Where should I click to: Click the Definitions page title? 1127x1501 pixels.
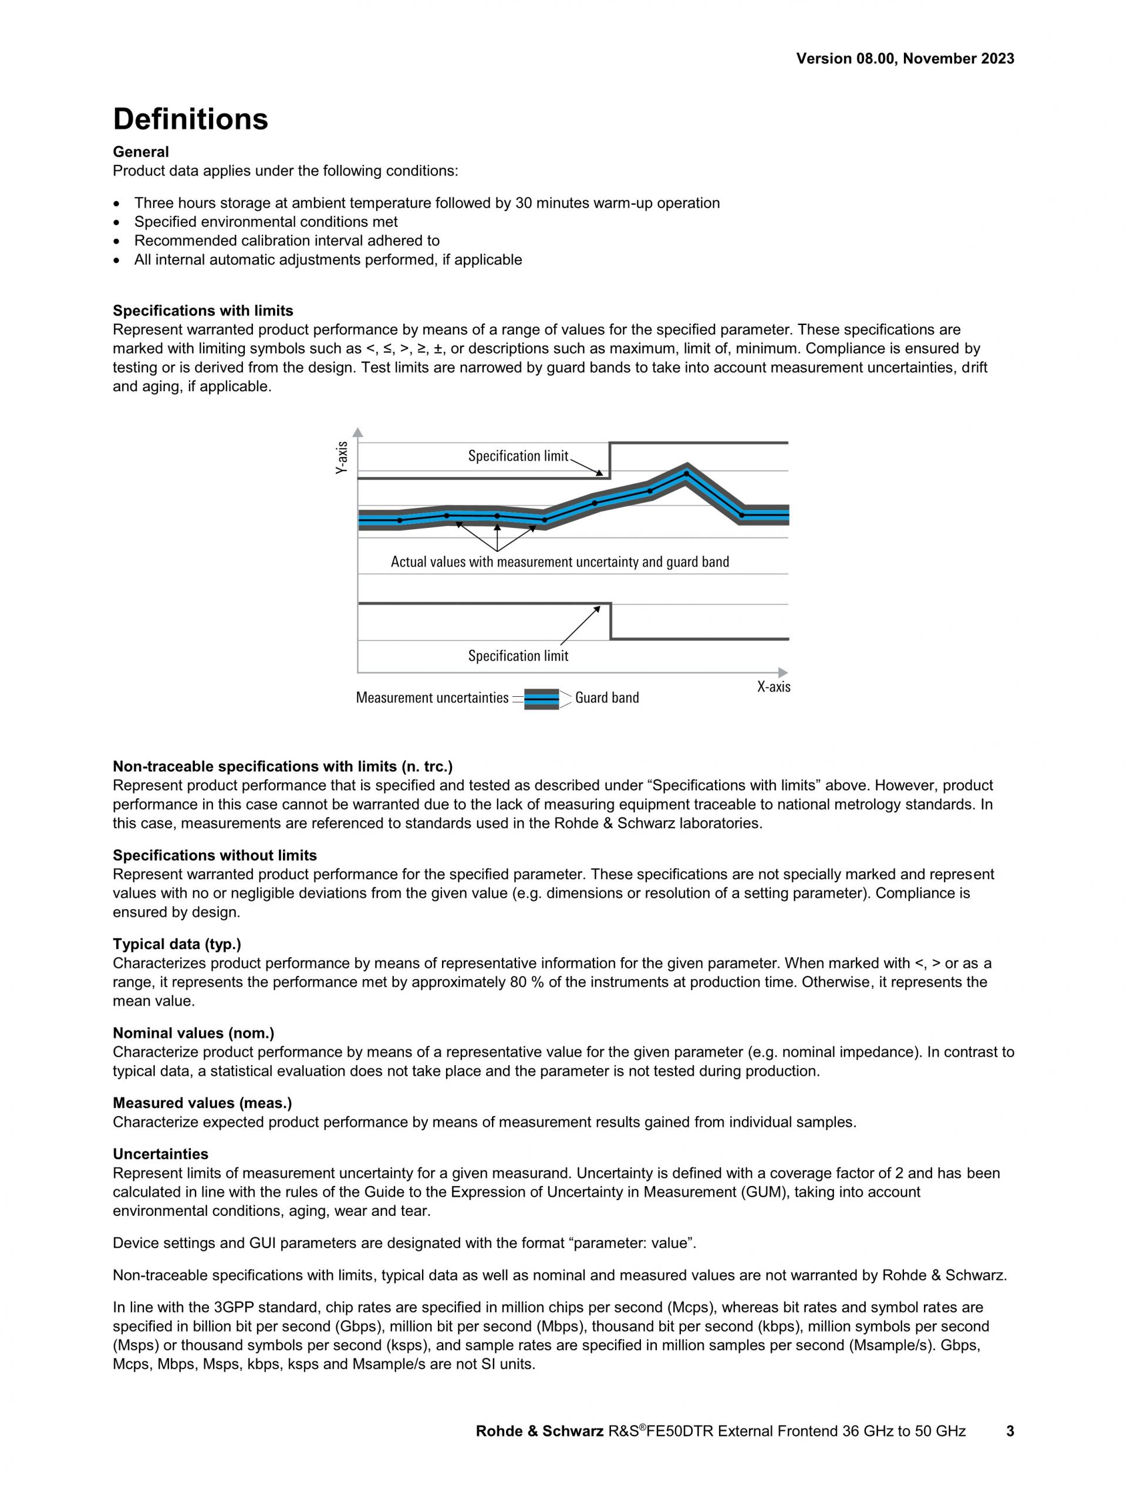pos(190,120)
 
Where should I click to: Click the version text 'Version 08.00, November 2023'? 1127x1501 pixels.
pos(905,59)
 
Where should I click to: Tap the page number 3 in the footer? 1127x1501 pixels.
pos(1010,1431)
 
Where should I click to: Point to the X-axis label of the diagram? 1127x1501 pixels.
pos(773,687)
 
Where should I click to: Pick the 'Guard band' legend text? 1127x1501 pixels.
pos(606,697)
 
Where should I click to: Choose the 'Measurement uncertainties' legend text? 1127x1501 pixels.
pos(432,697)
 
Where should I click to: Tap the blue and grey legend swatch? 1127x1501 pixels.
pos(542,698)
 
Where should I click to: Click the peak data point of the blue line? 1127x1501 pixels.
pos(686,473)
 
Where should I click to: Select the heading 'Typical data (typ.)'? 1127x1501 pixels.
pos(177,944)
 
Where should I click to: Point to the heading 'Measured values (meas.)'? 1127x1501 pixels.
pos(202,1103)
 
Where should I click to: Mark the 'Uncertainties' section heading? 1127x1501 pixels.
pos(160,1154)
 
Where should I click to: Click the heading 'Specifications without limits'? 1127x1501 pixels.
pos(214,855)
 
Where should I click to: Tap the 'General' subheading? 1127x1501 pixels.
pos(140,152)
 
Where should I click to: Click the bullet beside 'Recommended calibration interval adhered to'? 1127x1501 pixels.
pos(119,241)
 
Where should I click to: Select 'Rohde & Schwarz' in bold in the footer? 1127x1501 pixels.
pos(539,1431)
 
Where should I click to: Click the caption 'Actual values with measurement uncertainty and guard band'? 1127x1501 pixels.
pos(559,562)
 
